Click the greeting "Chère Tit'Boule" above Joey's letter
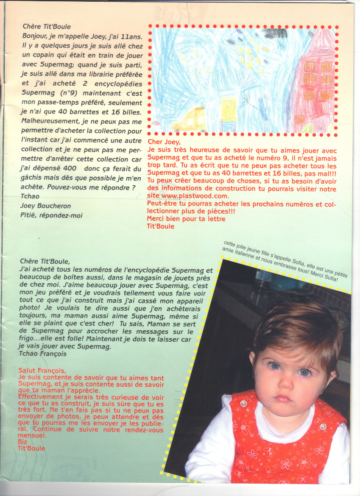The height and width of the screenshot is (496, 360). (x=47, y=26)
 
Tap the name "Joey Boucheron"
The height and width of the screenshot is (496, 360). (x=46, y=206)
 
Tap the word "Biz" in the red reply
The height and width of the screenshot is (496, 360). (x=23, y=442)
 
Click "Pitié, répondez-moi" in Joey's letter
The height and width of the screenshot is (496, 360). (x=52, y=215)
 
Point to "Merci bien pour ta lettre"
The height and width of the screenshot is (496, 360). (x=186, y=219)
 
